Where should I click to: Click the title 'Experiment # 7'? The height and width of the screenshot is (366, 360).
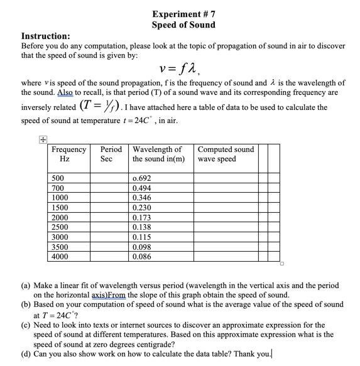pos(183,13)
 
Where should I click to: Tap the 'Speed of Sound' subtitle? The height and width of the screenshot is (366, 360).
pos(183,24)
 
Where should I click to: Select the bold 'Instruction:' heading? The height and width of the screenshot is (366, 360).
pos(46,36)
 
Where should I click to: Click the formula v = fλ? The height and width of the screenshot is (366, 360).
pos(183,68)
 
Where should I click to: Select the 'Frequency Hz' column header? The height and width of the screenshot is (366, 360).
pos(68,154)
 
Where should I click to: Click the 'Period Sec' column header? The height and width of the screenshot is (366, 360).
pos(111,154)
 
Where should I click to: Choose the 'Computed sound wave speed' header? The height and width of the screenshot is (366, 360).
pos(226,154)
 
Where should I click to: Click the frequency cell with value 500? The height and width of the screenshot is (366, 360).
pos(58,178)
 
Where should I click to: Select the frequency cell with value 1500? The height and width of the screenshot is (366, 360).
pos(60,207)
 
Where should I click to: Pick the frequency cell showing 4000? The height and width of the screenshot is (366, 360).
pos(60,257)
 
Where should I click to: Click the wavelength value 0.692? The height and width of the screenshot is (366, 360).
pos(142,178)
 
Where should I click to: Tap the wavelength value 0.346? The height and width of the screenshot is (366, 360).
pos(142,198)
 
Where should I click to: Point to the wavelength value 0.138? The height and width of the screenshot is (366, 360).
pos(142,227)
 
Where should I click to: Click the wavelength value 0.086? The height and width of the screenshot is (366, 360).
pos(142,257)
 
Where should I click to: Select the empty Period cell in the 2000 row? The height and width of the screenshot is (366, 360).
pos(111,217)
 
